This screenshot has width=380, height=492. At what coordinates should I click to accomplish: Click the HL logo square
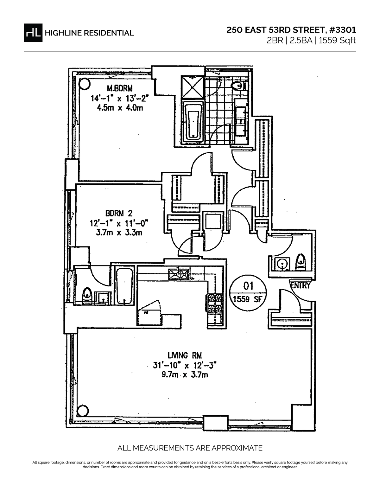[33, 33]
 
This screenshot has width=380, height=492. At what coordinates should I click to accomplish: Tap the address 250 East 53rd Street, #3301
[291, 30]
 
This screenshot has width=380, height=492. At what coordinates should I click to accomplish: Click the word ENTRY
[300, 285]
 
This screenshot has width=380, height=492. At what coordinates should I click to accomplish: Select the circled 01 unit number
[248, 286]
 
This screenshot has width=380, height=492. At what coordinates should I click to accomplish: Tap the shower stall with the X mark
[193, 88]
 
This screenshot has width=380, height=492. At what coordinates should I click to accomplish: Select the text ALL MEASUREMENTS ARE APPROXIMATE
[190, 448]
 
